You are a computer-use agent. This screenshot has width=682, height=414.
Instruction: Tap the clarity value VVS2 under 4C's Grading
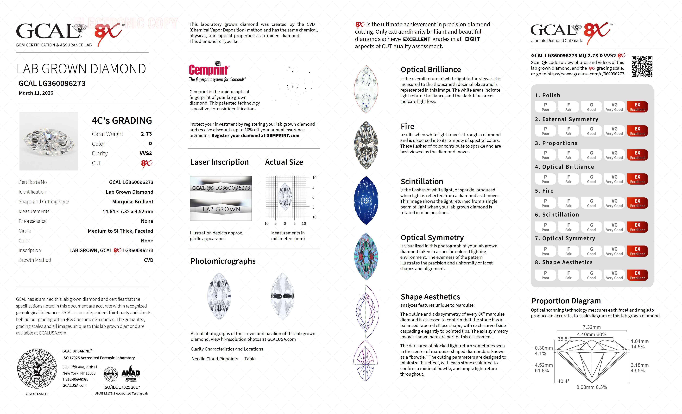click(x=146, y=153)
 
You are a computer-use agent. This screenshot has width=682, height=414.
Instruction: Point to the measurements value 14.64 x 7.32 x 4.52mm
click(x=128, y=211)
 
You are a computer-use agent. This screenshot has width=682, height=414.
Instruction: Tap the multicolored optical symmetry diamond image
click(x=366, y=256)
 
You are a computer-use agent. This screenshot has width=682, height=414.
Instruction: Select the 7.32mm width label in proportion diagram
click(x=592, y=327)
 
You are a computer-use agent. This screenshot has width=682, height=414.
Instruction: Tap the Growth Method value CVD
click(x=148, y=260)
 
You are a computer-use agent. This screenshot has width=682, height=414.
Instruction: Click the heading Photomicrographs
click(x=223, y=261)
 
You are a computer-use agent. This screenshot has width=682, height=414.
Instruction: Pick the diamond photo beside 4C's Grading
click(x=49, y=141)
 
